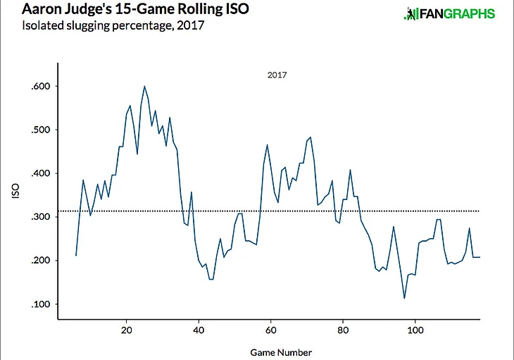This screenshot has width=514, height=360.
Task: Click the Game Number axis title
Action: point(282,350)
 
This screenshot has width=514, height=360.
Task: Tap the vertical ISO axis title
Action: point(16,195)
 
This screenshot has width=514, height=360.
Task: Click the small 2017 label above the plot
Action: point(277,73)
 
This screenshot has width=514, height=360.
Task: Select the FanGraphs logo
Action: point(449,14)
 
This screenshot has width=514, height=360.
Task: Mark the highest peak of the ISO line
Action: point(144,86)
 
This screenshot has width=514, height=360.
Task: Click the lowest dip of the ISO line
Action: point(404,298)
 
